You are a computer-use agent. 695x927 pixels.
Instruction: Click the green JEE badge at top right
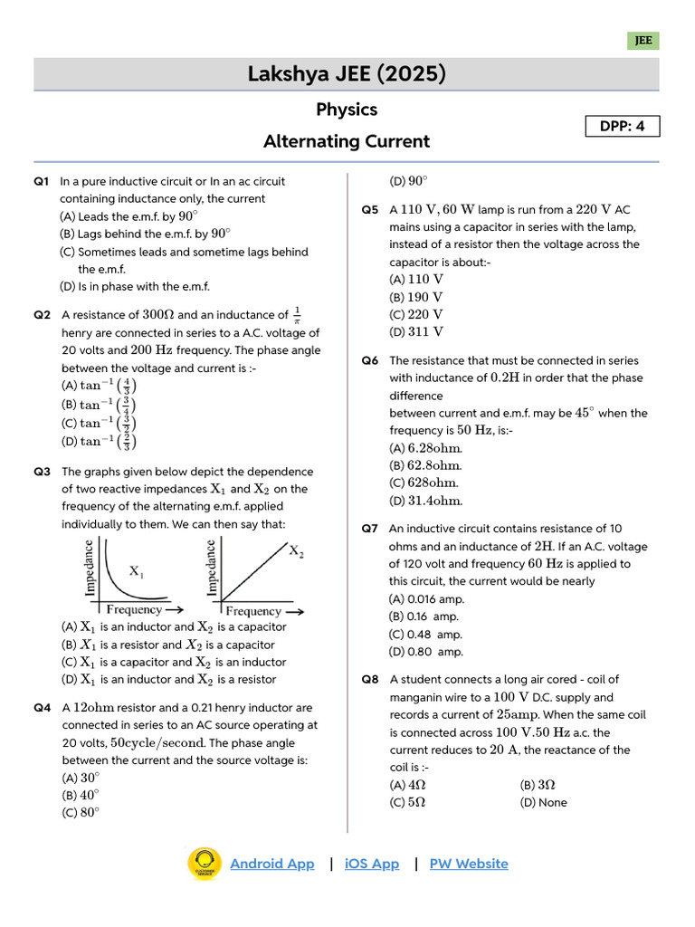(x=643, y=41)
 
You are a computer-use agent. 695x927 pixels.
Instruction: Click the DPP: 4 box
(x=622, y=127)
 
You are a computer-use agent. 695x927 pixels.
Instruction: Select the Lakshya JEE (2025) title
(x=347, y=74)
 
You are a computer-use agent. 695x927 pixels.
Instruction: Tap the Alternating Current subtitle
(x=347, y=141)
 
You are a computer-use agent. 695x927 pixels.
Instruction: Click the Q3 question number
(x=42, y=472)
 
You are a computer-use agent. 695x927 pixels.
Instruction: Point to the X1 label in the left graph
(x=137, y=571)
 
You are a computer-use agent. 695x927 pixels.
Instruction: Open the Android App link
(x=272, y=864)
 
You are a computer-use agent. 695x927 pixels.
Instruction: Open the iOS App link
(x=372, y=864)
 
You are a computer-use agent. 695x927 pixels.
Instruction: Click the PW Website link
(x=469, y=864)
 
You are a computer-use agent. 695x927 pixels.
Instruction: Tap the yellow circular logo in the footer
(x=204, y=864)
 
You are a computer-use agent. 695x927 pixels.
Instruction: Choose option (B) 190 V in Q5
(x=416, y=297)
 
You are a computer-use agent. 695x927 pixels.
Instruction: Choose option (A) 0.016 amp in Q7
(x=427, y=598)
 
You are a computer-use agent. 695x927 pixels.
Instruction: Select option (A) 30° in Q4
(x=81, y=777)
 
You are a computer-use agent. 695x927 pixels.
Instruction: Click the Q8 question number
(x=370, y=679)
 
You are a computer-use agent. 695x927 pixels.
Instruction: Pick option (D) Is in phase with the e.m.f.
(x=135, y=287)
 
